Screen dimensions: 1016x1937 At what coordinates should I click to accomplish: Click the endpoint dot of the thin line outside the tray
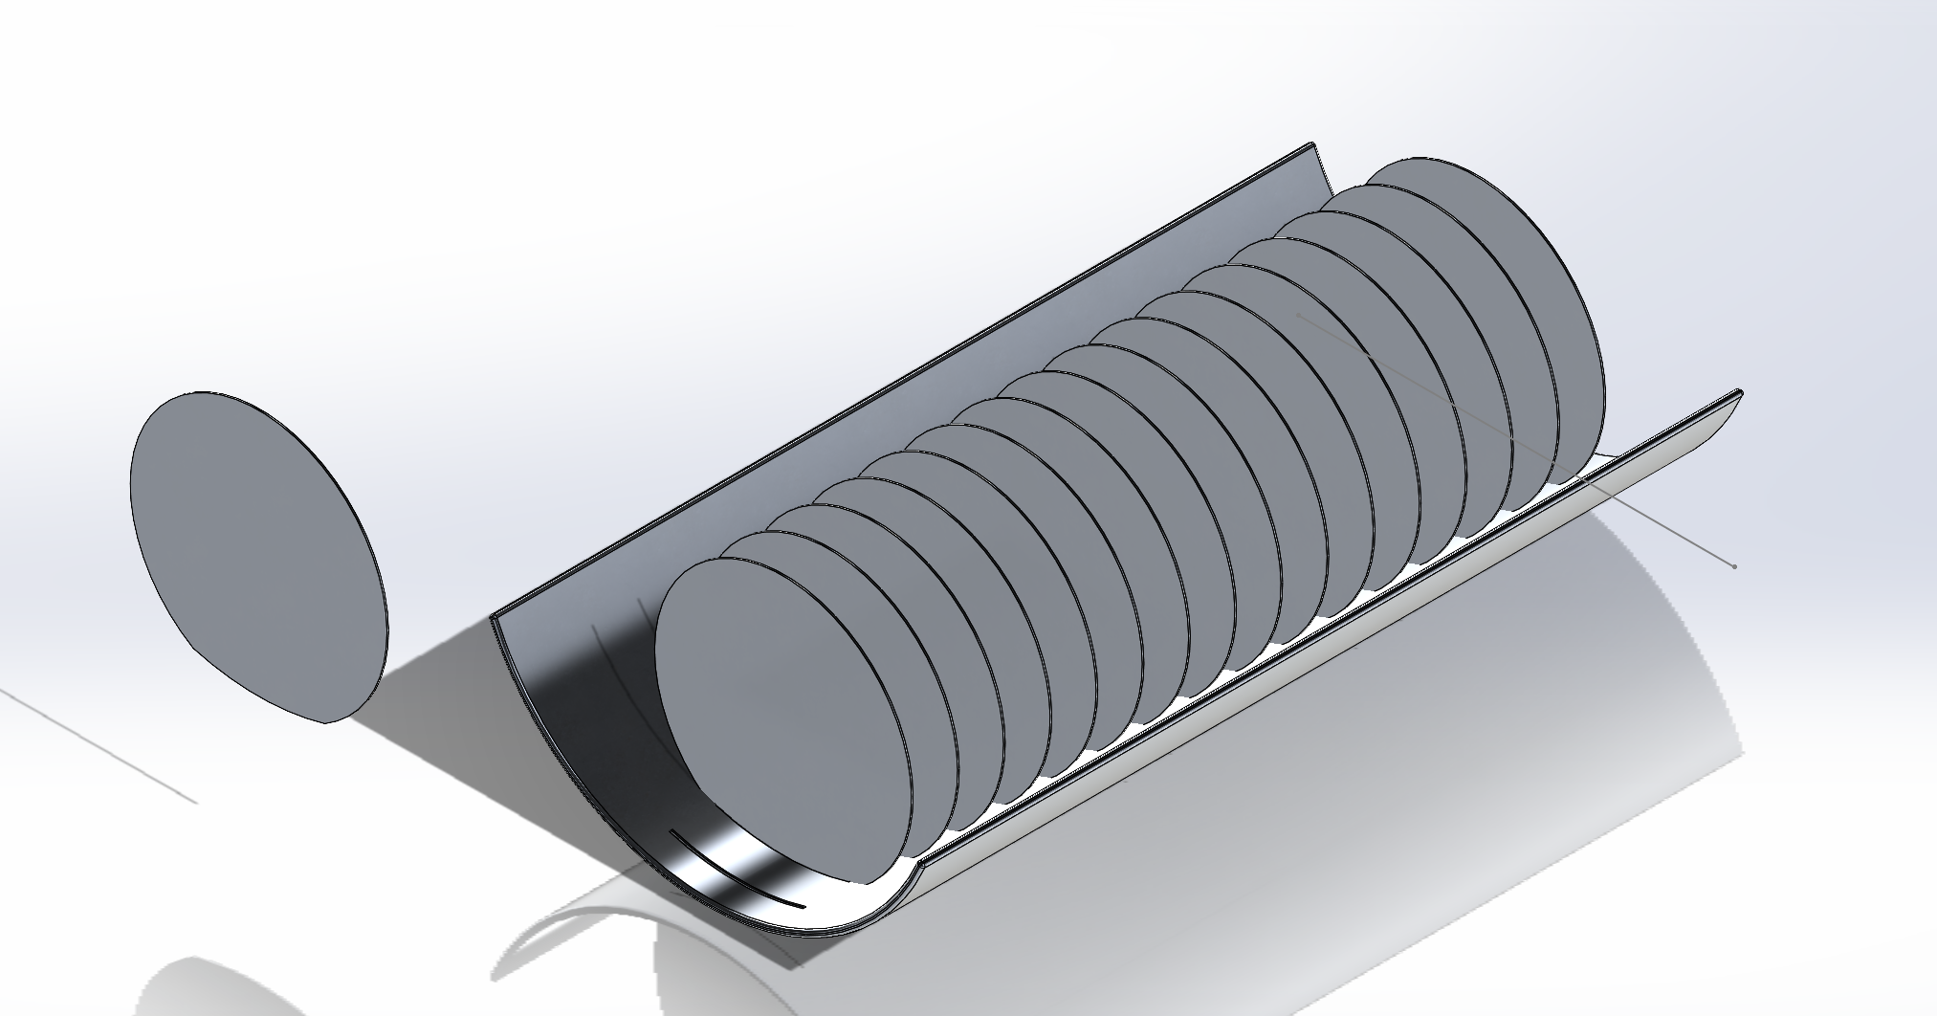[1734, 566]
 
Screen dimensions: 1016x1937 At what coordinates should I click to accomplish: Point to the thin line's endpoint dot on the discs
[1299, 314]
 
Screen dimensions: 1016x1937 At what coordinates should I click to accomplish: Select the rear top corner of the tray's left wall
[1311, 146]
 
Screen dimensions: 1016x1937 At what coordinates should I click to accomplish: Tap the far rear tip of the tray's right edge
[1738, 393]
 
